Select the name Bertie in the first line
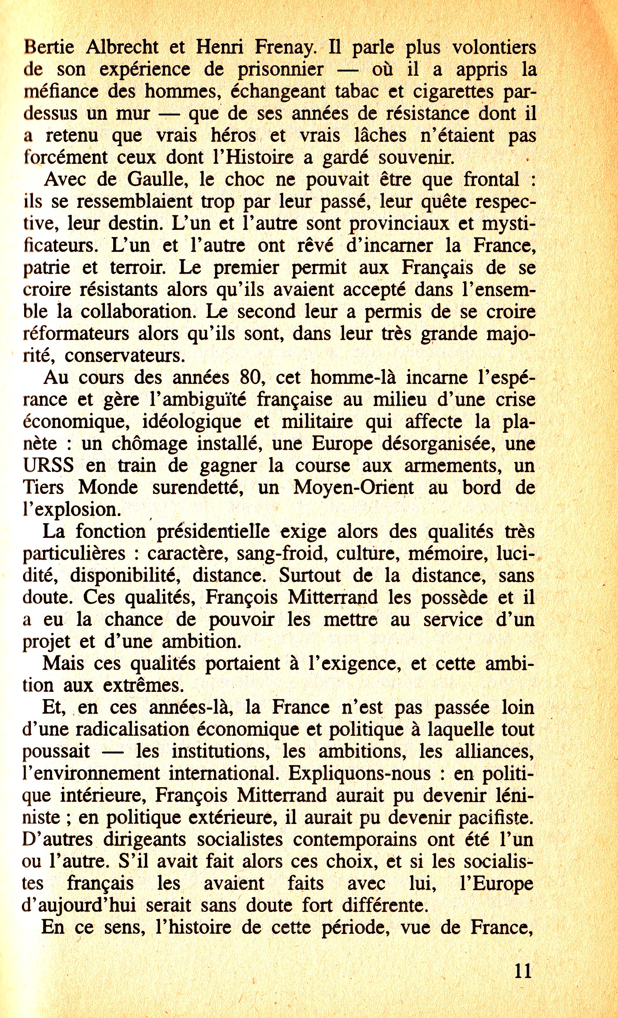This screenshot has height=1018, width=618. click(49, 48)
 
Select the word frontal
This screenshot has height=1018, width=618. click(491, 180)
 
